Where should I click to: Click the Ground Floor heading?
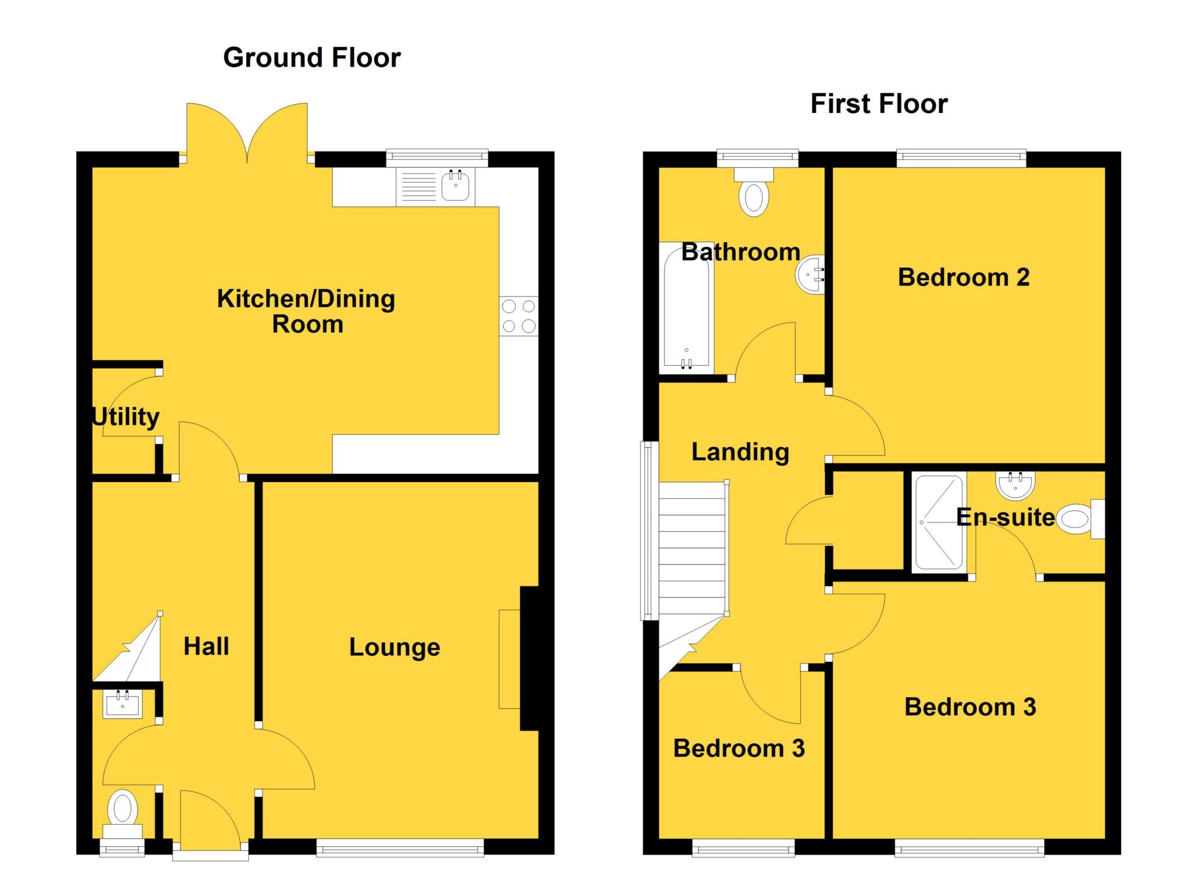312,58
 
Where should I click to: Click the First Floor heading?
879,104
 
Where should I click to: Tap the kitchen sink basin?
455,186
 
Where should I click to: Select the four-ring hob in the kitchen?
519,316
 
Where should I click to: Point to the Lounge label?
394,647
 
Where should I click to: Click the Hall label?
206,646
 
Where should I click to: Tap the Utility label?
126,417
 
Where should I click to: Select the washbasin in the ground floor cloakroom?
123,704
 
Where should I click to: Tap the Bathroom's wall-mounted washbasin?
811,274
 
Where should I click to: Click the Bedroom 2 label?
963,277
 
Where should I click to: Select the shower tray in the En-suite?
938,522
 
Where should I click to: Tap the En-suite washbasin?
1015,484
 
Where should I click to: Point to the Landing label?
740,452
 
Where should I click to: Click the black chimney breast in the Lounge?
529,658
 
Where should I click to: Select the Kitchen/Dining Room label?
306,311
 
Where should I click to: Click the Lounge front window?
400,848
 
